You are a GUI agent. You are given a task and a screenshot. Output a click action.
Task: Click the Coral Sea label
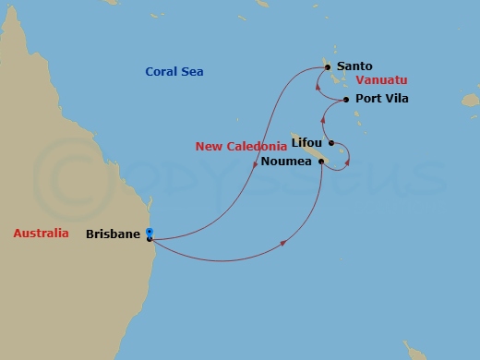pyautogui.click(x=174, y=72)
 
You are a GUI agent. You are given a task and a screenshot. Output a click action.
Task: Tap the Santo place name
pyautogui.click(x=354, y=66)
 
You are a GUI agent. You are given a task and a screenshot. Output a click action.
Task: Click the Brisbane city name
pyautogui.click(x=114, y=234)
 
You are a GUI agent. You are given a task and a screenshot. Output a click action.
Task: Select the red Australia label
pyautogui.click(x=42, y=234)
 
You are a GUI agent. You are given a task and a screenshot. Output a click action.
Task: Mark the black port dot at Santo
pyautogui.click(x=327, y=66)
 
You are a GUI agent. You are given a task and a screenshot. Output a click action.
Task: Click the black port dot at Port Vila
pyautogui.click(x=345, y=100)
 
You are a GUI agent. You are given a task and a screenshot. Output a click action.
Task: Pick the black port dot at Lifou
pyautogui.click(x=330, y=143)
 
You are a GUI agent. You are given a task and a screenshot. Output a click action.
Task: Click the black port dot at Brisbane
pyautogui.click(x=149, y=239)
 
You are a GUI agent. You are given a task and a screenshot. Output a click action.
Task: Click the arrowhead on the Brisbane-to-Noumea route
pyautogui.click(x=282, y=243)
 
